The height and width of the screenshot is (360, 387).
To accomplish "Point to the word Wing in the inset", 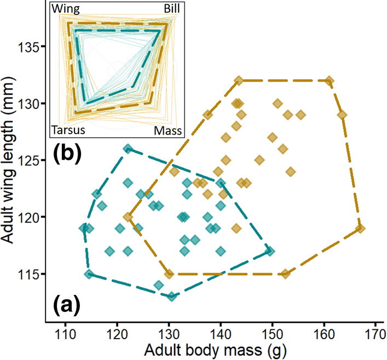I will pos(66,9).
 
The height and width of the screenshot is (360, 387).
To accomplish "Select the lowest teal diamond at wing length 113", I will pos(172,296).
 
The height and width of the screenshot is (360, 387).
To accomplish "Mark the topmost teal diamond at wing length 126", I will pos(128,149).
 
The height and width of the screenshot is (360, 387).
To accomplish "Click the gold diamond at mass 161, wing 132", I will pos(329,81).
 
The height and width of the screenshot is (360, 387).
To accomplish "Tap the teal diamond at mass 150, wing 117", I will pos(270,251).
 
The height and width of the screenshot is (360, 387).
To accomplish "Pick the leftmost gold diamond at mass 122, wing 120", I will pos(128,217).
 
